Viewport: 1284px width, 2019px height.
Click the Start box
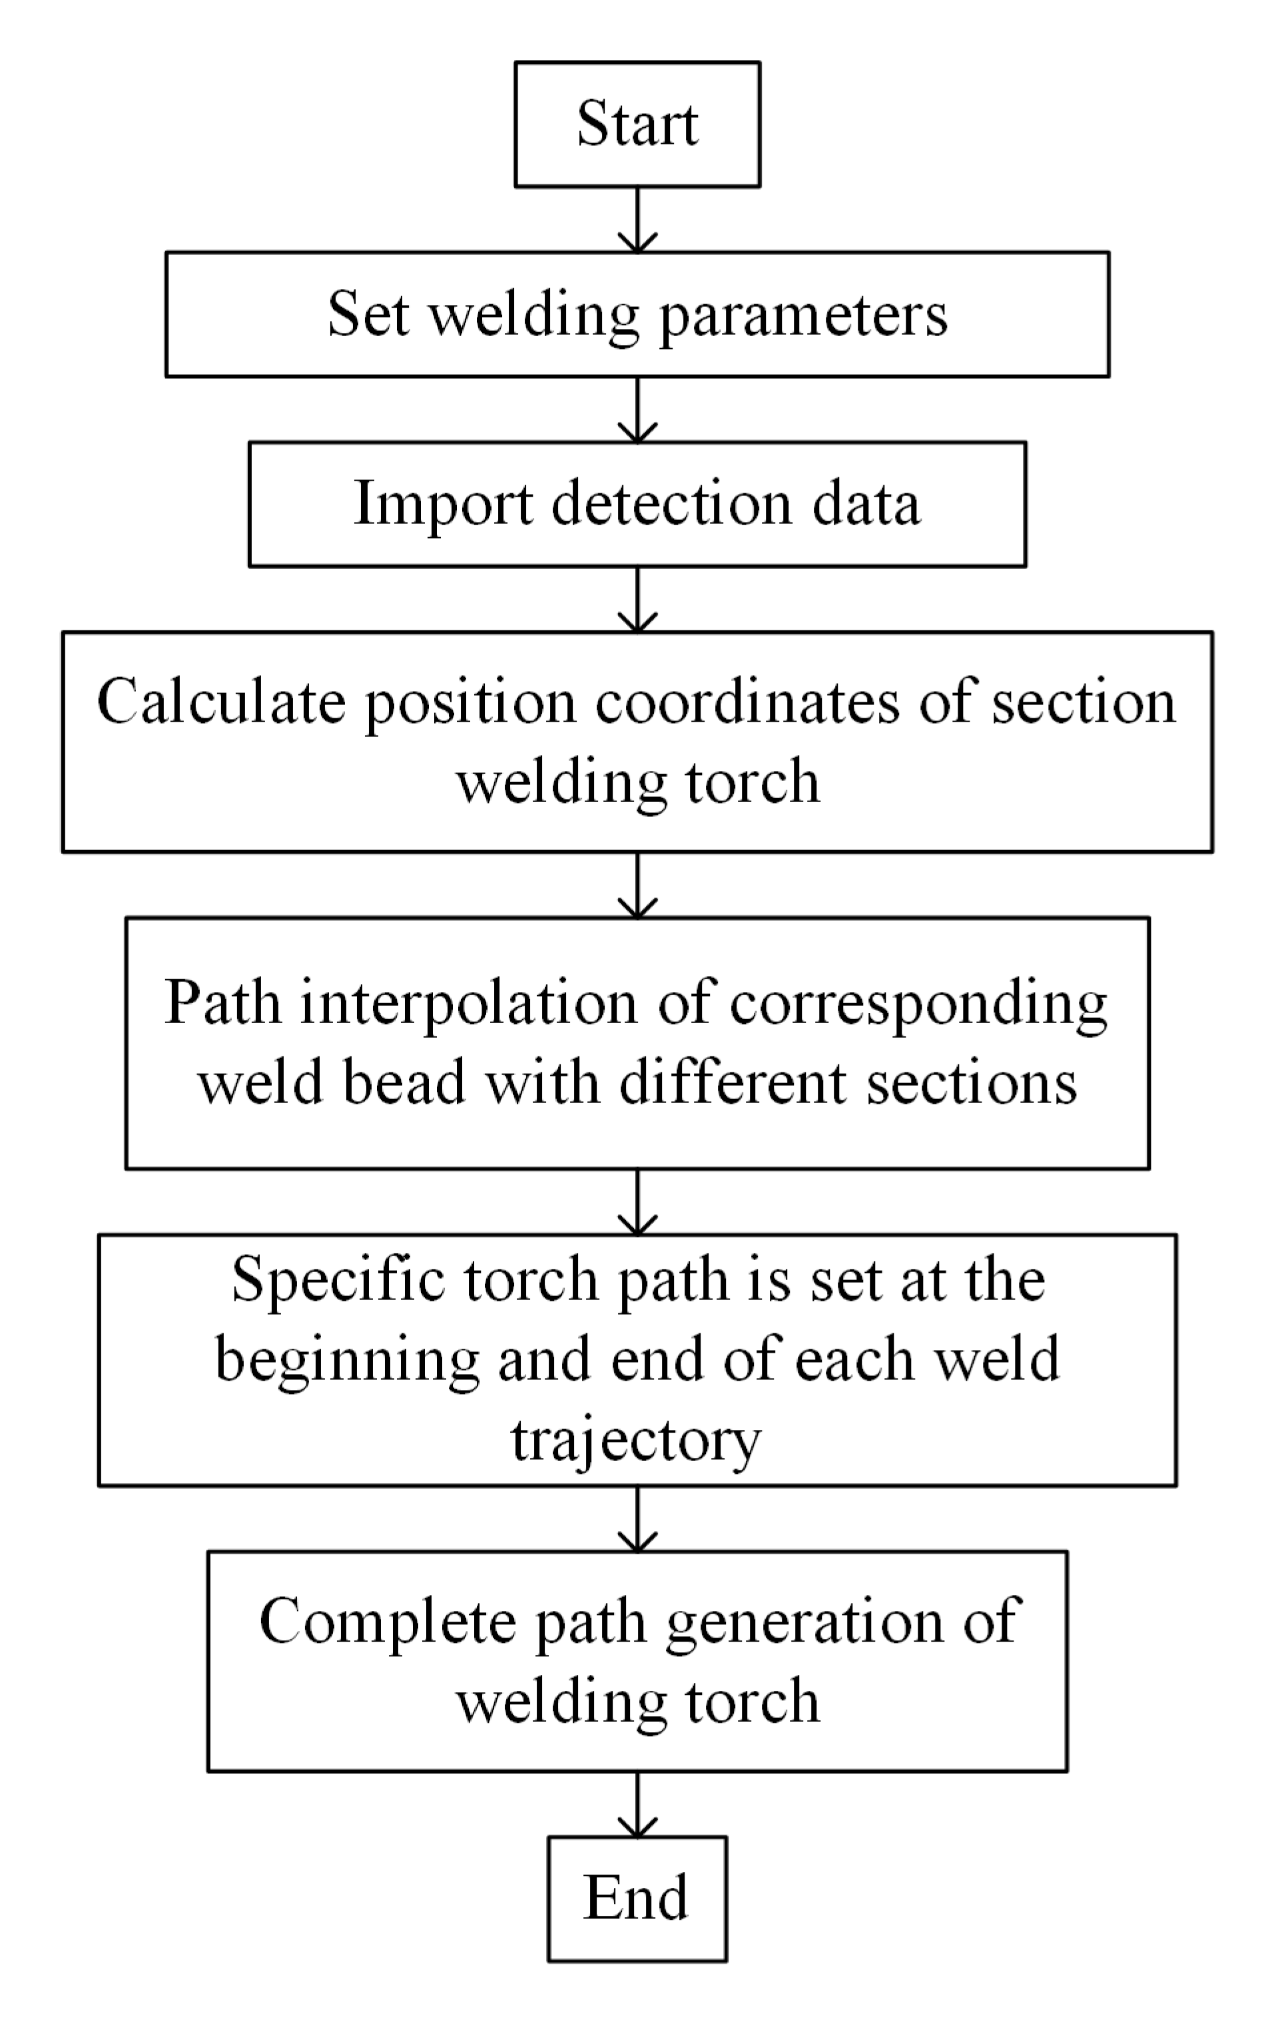point(637,124)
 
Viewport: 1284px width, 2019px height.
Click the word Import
point(444,505)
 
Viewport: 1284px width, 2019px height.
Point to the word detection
point(671,505)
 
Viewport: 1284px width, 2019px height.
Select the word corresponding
point(918,1005)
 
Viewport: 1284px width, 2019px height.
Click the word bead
point(402,1082)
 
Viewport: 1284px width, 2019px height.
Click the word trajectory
point(636,1441)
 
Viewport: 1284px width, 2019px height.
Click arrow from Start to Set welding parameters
point(637,219)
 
